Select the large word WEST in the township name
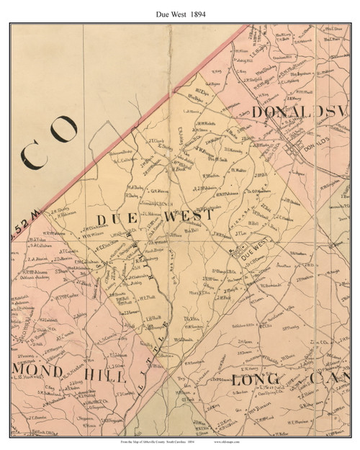click(x=186, y=215)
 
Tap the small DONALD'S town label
click(x=318, y=140)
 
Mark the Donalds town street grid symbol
click(x=296, y=149)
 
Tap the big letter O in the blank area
click(x=64, y=130)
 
